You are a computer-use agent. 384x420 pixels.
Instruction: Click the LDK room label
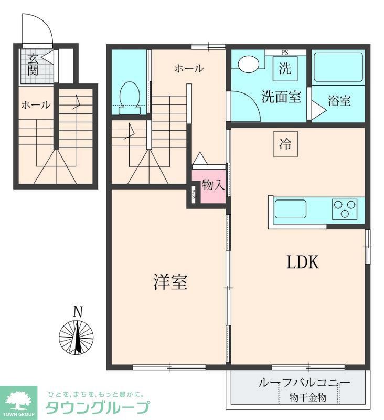click(303, 262)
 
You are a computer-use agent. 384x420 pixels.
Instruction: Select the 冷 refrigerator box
click(285, 143)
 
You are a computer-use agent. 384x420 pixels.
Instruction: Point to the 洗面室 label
click(281, 97)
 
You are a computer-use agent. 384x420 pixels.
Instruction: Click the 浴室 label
click(339, 101)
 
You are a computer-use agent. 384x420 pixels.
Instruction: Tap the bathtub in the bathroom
click(338, 68)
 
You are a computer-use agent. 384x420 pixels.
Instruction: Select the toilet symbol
click(129, 99)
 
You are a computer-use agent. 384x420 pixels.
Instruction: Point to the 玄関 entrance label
click(33, 65)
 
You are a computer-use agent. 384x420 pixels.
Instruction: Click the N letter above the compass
click(78, 312)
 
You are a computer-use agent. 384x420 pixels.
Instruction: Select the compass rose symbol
click(78, 337)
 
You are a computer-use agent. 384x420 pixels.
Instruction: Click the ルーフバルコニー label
click(296, 383)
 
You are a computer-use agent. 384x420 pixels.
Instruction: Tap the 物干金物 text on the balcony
click(307, 398)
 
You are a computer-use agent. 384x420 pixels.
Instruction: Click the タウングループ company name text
click(98, 407)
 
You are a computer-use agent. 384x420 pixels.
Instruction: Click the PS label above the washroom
click(284, 52)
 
